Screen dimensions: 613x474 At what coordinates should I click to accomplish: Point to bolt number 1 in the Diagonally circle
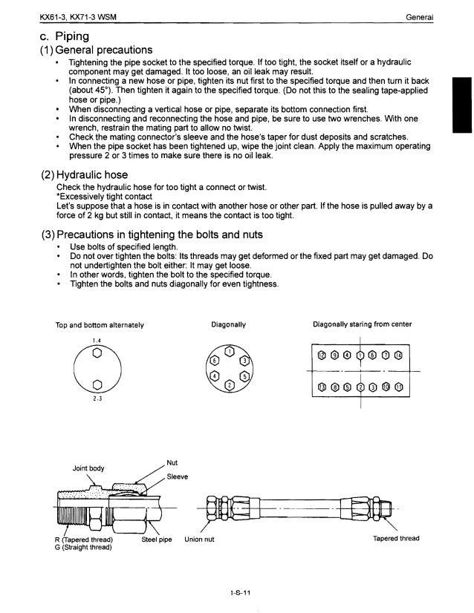tap(230, 351)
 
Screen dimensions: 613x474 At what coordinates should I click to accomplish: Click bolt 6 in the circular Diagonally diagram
tap(215, 359)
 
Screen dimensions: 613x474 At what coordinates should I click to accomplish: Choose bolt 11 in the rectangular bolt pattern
tap(399, 387)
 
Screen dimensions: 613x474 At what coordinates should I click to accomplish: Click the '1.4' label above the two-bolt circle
tap(96, 341)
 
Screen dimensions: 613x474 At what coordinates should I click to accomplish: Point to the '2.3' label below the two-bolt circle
tap(97, 399)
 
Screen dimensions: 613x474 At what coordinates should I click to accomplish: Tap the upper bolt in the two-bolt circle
tap(96, 353)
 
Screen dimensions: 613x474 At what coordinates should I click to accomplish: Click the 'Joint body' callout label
tap(87, 468)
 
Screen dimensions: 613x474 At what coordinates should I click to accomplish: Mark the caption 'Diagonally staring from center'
tap(362, 325)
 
